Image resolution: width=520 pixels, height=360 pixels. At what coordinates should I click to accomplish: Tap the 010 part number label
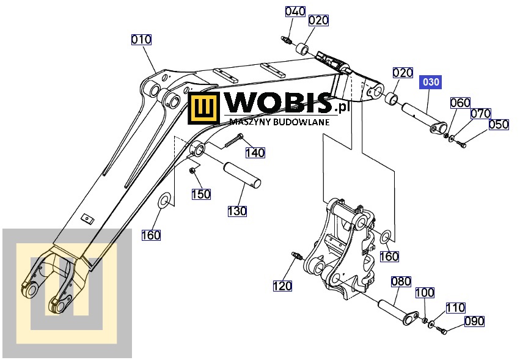point(141,40)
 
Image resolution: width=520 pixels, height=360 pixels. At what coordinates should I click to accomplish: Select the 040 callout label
point(295,12)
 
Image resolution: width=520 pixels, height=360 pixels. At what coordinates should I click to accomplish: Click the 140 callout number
point(255,152)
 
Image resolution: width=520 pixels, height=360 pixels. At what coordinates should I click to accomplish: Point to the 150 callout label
point(201,194)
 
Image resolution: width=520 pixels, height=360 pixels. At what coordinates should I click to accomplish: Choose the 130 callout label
point(237,211)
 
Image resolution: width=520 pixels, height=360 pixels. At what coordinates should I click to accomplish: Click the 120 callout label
point(282,285)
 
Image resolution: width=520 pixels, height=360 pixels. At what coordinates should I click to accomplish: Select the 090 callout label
point(474,321)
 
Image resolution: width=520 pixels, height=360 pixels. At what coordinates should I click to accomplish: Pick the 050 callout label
point(499,124)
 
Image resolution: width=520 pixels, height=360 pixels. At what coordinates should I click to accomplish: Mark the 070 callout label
point(480,114)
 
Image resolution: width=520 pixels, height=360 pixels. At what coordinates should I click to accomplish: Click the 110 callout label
point(455,307)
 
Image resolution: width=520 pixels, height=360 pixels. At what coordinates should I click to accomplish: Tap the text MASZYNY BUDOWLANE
point(280,121)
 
